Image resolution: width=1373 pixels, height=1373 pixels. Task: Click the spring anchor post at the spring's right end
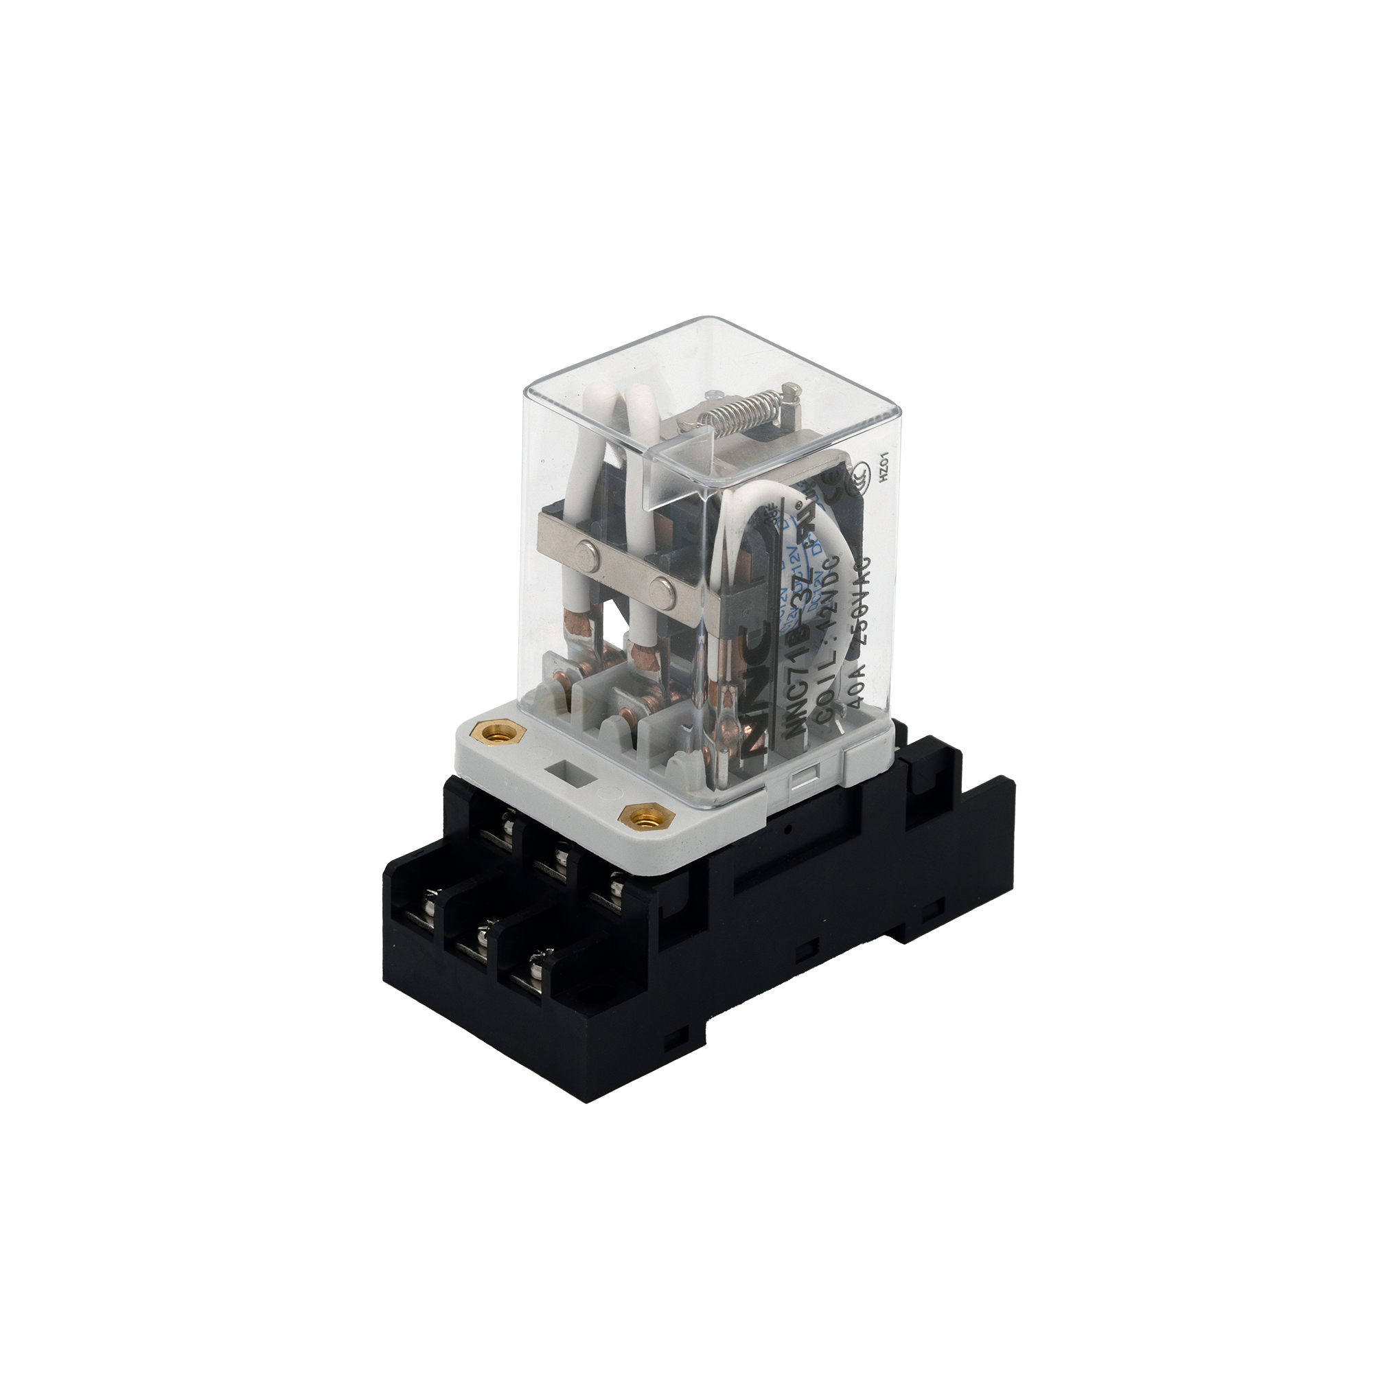point(790,390)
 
